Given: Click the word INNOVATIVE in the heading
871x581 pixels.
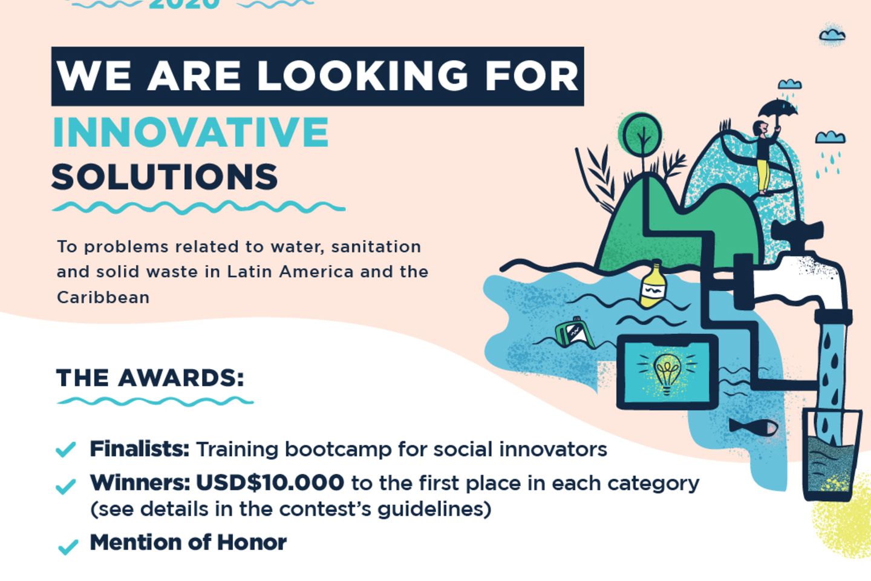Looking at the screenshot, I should pyautogui.click(x=191, y=133).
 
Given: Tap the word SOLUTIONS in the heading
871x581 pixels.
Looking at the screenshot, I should pyautogui.click(x=165, y=177).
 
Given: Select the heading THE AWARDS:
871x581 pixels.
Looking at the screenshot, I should pyautogui.click(x=151, y=378).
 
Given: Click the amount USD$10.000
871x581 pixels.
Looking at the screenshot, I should pyautogui.click(x=270, y=483).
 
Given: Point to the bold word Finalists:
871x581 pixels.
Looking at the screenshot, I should pyautogui.click(x=139, y=449).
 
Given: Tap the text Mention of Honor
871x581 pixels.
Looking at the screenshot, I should pyautogui.click(x=188, y=542).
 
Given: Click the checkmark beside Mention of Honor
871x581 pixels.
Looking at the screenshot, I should pyautogui.click(x=67, y=547).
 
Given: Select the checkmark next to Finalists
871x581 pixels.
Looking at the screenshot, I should pyautogui.click(x=65, y=449).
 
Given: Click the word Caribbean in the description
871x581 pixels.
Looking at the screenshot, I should pyautogui.click(x=103, y=297).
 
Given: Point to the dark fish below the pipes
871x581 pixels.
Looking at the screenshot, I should pyautogui.click(x=754, y=427).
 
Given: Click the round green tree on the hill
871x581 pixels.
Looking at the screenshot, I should pyautogui.click(x=641, y=134).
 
